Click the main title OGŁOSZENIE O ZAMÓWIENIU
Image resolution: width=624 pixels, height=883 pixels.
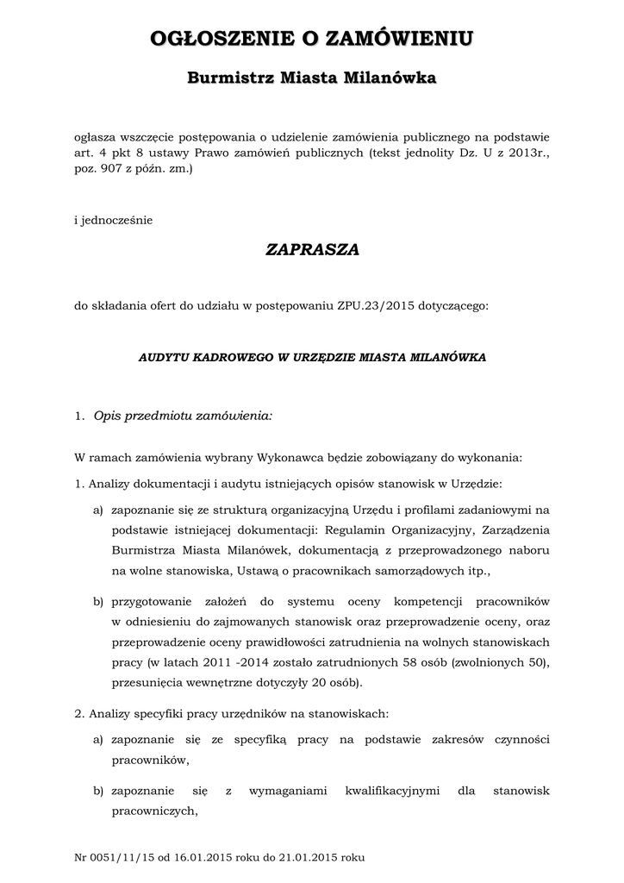coord(312,38)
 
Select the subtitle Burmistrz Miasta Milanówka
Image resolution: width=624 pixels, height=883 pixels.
coord(312,78)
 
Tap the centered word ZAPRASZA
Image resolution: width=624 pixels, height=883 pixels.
coord(312,249)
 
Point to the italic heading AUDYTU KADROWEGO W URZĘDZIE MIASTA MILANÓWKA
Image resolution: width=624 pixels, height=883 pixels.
coord(312,356)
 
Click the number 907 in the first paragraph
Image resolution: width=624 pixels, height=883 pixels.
coord(126,170)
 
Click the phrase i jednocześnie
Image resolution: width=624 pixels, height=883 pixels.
coord(114,220)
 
